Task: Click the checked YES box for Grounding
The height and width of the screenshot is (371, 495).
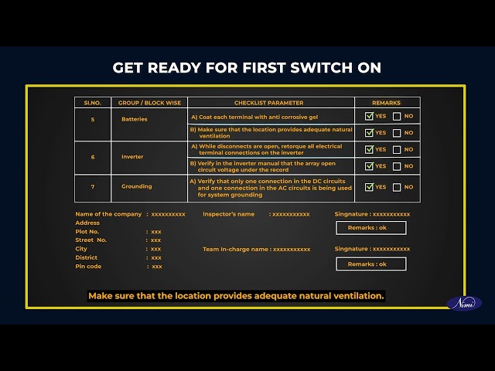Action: pyautogui.click(x=369, y=187)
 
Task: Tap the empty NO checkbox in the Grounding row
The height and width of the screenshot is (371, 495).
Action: pyautogui.click(x=397, y=187)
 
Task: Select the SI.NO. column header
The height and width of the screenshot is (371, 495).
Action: pyautogui.click(x=92, y=103)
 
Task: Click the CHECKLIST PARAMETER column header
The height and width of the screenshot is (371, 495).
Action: pyautogui.click(x=268, y=103)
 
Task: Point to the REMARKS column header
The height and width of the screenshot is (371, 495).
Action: pyautogui.click(x=386, y=103)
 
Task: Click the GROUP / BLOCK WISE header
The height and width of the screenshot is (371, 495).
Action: pyautogui.click(x=149, y=103)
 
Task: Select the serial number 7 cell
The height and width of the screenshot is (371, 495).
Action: pyautogui.click(x=93, y=187)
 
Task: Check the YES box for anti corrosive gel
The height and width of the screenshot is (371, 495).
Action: pyautogui.click(x=369, y=116)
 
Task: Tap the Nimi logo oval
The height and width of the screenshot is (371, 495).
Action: pyautogui.click(x=464, y=304)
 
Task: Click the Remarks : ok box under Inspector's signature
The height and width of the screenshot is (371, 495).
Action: pyautogui.click(x=371, y=228)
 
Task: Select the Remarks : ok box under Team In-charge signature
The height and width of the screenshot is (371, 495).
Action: pyautogui.click(x=371, y=264)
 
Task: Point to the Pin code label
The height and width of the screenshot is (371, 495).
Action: pyautogui.click(x=88, y=266)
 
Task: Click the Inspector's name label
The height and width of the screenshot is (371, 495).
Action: pyautogui.click(x=229, y=214)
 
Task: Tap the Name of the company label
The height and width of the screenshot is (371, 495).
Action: pyautogui.click(x=108, y=214)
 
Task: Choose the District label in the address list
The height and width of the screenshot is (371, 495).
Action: pyautogui.click(x=86, y=257)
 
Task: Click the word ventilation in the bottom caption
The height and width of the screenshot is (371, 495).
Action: pyautogui.click(x=359, y=296)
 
